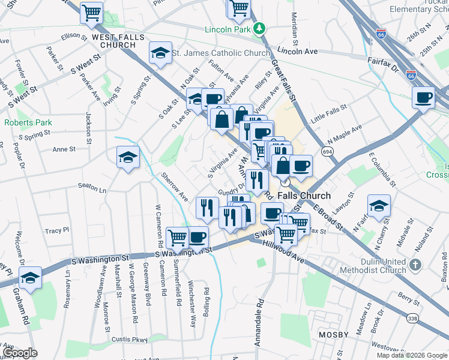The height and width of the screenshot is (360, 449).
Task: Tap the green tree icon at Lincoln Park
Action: pos(259,28)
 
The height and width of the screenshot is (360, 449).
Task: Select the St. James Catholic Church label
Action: pos(221,53)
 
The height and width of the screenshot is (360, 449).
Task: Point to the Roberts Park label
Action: pos(28,122)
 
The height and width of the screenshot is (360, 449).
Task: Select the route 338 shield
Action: pos(411,318)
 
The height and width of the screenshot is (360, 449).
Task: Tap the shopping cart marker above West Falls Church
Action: pos(91,11)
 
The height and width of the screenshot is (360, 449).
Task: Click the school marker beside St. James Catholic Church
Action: pos(160,53)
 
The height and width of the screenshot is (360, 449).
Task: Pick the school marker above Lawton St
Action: pos(379,205)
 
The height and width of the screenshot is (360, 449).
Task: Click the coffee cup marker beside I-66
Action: pos(423,97)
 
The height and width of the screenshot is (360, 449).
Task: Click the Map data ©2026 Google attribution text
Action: pos(412,355)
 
